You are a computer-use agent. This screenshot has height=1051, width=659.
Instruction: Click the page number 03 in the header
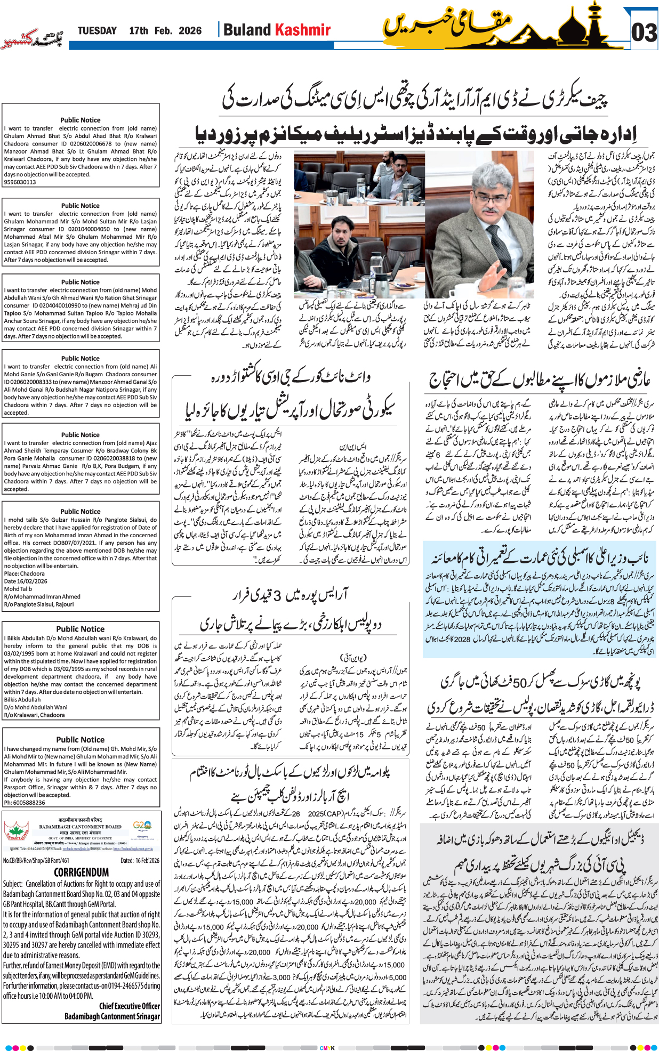coord(644,33)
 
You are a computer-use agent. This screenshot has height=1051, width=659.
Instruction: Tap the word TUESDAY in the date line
coord(97,31)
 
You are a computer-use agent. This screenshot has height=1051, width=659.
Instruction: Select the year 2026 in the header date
coord(190,31)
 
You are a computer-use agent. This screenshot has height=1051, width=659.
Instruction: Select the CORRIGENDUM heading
coord(81,872)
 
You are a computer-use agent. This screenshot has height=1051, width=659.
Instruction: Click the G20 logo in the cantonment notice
coord(142,826)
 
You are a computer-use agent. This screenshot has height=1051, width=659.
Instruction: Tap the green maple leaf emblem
coord(17,831)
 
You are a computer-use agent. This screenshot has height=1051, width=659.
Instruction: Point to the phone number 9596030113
coord(20,182)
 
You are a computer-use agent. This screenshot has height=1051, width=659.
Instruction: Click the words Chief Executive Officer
coord(129,1006)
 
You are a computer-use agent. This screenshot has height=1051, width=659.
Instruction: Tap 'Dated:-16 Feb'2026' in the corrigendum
coord(140,860)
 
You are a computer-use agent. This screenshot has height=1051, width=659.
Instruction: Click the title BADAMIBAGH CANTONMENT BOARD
coord(80,827)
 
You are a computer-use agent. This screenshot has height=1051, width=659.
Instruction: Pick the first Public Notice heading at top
coord(80,120)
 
